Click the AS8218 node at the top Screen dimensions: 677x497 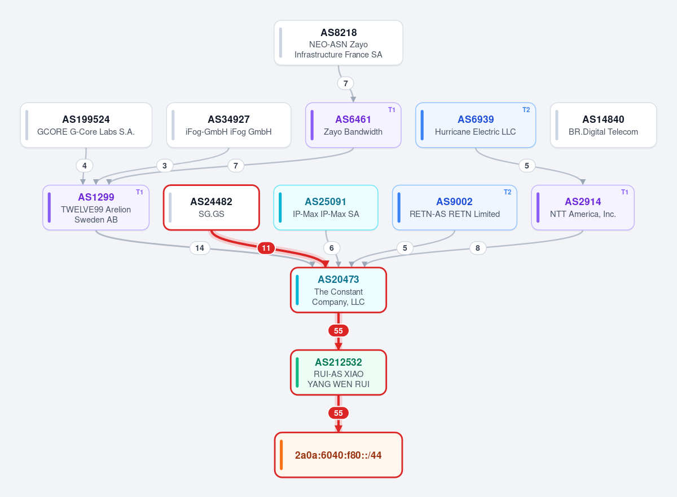pos(338,43)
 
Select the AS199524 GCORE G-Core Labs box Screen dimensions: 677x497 pos(86,125)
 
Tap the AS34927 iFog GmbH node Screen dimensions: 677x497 pos(228,125)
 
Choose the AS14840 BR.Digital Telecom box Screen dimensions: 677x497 pos(603,125)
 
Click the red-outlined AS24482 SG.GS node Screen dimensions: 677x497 pos(211,207)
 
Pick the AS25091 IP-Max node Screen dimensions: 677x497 pos(326,207)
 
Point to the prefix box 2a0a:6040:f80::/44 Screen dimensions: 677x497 pos(338,455)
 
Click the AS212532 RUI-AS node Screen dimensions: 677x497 pos(338,372)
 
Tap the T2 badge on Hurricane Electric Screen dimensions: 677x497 pos(526,110)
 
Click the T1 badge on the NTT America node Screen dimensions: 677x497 pos(625,192)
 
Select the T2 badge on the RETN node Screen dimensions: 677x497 pos(507,192)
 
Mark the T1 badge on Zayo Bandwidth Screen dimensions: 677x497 pos(392,110)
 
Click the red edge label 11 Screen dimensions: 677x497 pos(266,248)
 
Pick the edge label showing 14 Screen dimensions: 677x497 pos(200,248)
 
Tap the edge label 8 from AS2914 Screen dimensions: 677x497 pos(477,248)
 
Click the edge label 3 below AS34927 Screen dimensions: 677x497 pos(164,166)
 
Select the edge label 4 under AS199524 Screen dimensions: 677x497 pos(84,166)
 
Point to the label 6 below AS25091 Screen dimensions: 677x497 pos(332,248)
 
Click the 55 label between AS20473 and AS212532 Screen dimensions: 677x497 pos(338,331)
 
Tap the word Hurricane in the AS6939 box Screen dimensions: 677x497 pos(450,132)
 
